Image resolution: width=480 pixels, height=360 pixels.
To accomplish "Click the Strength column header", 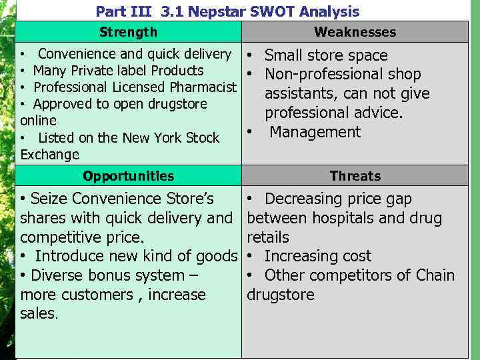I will pyautogui.click(x=128, y=32).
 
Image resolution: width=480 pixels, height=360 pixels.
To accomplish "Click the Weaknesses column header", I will pyautogui.click(x=355, y=32).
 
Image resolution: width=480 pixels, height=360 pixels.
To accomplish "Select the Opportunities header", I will pyautogui.click(x=128, y=176).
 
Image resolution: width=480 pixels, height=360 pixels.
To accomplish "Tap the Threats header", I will pyautogui.click(x=355, y=176).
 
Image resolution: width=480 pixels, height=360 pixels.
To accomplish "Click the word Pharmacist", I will pyautogui.click(x=204, y=87).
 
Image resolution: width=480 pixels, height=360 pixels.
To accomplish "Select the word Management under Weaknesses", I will pyautogui.click(x=315, y=132).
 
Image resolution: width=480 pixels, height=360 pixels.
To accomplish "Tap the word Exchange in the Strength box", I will pyautogui.click(x=50, y=155).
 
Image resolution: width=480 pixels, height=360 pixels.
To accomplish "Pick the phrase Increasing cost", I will pyautogui.click(x=317, y=256).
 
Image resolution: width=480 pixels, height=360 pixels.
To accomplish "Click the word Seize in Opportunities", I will pyautogui.click(x=49, y=199).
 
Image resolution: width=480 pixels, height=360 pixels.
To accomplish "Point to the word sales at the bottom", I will pyautogui.click(x=38, y=314).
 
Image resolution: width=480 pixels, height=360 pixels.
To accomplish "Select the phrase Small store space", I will pyautogui.click(x=325, y=55).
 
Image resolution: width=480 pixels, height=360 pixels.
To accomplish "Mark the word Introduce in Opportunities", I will pyautogui.click(x=67, y=256).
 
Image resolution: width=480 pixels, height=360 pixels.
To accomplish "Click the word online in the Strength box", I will pyautogui.click(x=38, y=121).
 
